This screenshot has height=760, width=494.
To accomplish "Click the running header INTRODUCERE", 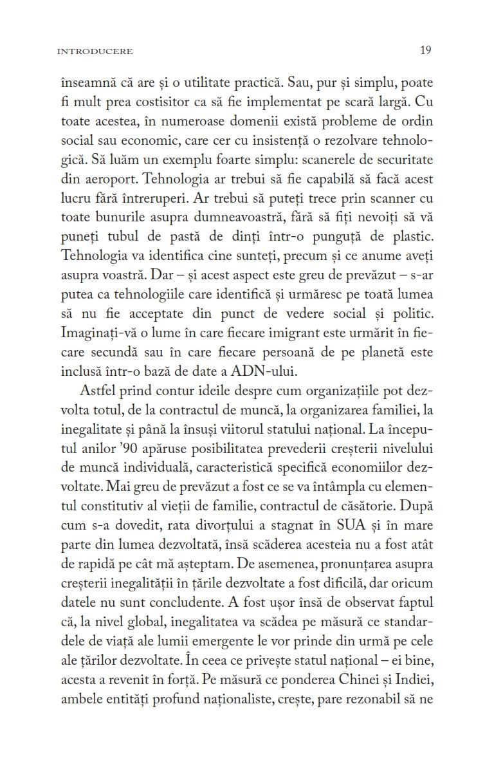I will tap(95, 51).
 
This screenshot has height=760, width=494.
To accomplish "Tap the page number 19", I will tap(425, 50).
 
